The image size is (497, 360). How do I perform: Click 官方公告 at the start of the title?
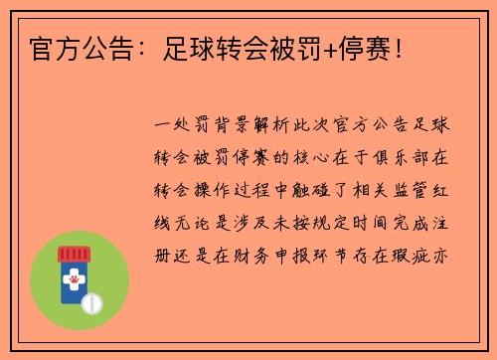point(69,47)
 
